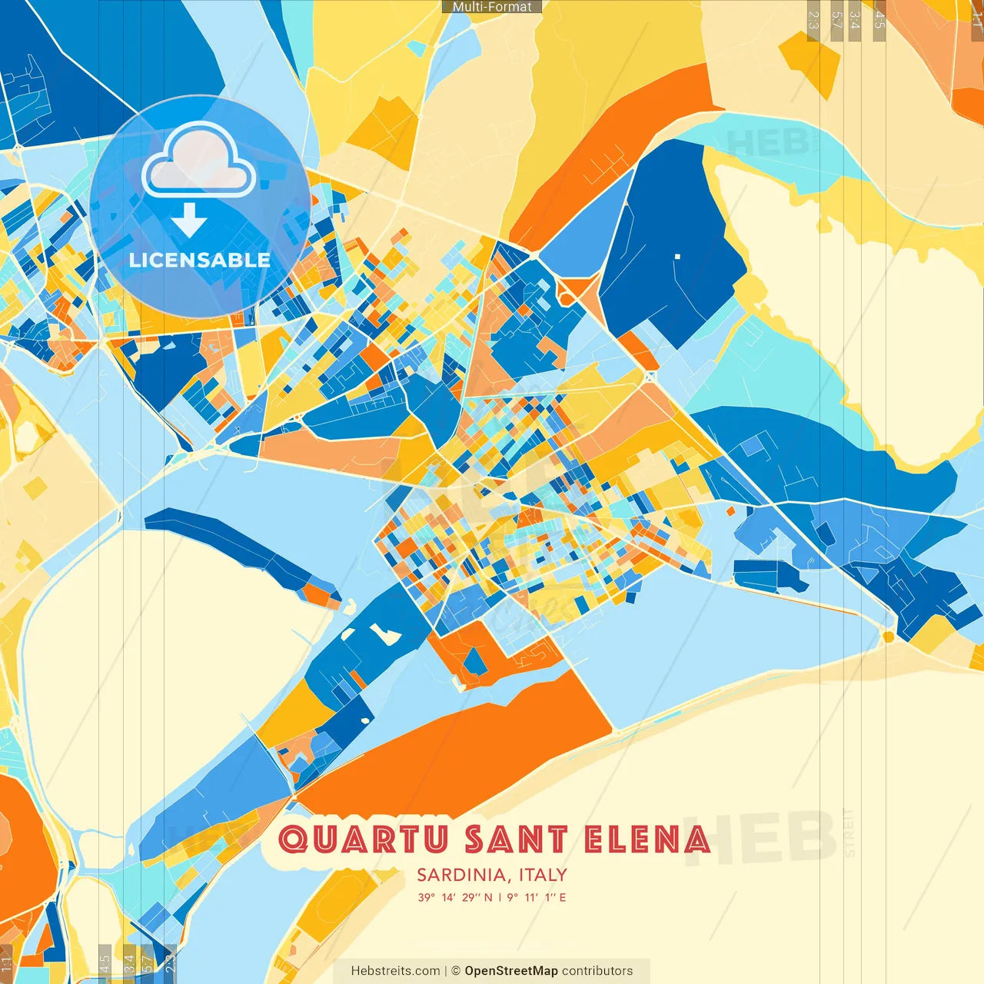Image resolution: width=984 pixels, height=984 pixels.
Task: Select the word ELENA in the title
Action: point(647,839)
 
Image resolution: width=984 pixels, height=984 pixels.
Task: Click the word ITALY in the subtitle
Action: point(543,875)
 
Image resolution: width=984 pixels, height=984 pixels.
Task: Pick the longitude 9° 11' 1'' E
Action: point(537,897)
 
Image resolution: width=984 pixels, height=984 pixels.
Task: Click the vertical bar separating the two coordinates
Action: point(500,897)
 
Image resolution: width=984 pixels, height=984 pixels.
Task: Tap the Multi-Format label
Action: point(492,7)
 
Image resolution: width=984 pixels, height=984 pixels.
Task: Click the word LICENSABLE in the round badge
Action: point(200,260)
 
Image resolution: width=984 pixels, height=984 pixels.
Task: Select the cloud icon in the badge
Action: point(199,160)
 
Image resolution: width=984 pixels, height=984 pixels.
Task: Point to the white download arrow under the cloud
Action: point(189,221)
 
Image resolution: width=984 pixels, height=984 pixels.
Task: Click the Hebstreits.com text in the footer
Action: point(396,971)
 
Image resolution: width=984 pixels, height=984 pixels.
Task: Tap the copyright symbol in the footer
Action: point(456,971)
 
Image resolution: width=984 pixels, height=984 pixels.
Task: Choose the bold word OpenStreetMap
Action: point(511,971)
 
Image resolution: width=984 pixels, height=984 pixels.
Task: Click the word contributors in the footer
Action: point(597,971)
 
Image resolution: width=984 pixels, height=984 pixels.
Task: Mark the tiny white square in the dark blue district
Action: point(677,256)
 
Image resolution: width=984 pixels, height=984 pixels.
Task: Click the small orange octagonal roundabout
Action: point(889,637)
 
